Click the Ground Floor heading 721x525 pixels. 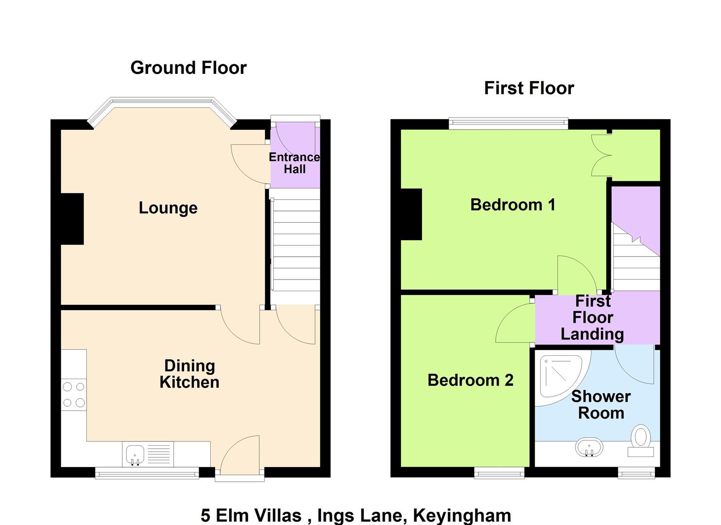tap(188, 68)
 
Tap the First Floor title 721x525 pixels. tap(529, 88)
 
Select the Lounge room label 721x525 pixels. tap(168, 208)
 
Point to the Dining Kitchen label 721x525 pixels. tap(189, 374)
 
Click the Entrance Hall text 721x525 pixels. tap(295, 163)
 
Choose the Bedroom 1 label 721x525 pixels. tap(513, 205)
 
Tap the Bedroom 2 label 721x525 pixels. tap(470, 380)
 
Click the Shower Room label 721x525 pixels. tap(601, 405)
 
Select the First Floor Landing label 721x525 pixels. tap(592, 318)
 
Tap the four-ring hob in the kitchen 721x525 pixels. tap(74, 394)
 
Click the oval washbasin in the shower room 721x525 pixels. tap(589, 447)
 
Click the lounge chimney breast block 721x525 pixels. tap(72, 219)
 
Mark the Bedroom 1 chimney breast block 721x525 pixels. tap(411, 214)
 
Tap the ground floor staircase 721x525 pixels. tap(295, 246)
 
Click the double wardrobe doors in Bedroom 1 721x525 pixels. tap(601, 156)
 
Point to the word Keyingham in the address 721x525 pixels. tap(462, 516)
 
